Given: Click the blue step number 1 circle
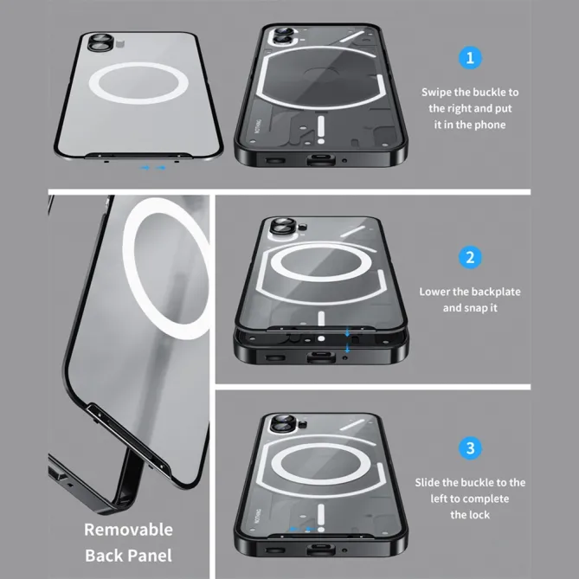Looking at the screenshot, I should click(470, 58).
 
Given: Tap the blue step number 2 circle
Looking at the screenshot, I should click(470, 257).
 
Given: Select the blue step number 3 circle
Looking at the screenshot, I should click(470, 448).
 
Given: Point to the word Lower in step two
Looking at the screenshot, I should click(435, 292).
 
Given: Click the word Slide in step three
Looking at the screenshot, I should click(431, 482).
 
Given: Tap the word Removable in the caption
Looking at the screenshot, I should click(128, 530).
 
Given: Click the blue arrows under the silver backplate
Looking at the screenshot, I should click(152, 167).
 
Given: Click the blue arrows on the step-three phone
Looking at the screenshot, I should click(299, 529).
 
